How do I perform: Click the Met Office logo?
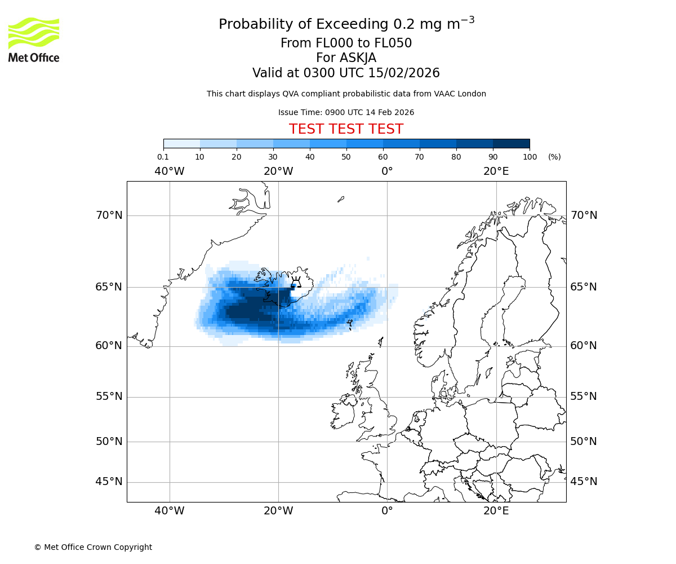coord(34,39)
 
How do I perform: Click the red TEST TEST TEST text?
coord(346,129)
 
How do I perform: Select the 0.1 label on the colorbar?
coord(163,157)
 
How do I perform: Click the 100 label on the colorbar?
coord(530,157)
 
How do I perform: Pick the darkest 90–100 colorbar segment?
coord(511,144)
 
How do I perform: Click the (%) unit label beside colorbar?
coord(554,157)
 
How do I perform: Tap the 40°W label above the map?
coord(169,171)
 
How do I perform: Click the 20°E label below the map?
coord(496,511)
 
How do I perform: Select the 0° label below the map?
coord(387,511)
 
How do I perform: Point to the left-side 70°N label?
coord(109,215)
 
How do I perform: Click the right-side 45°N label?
coord(584,482)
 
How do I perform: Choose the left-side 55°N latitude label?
coord(109,396)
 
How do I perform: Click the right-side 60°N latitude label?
coord(584,346)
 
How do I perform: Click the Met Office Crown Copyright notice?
coord(93,547)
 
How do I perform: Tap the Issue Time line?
coord(346,113)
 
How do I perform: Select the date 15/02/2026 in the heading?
coord(404,73)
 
